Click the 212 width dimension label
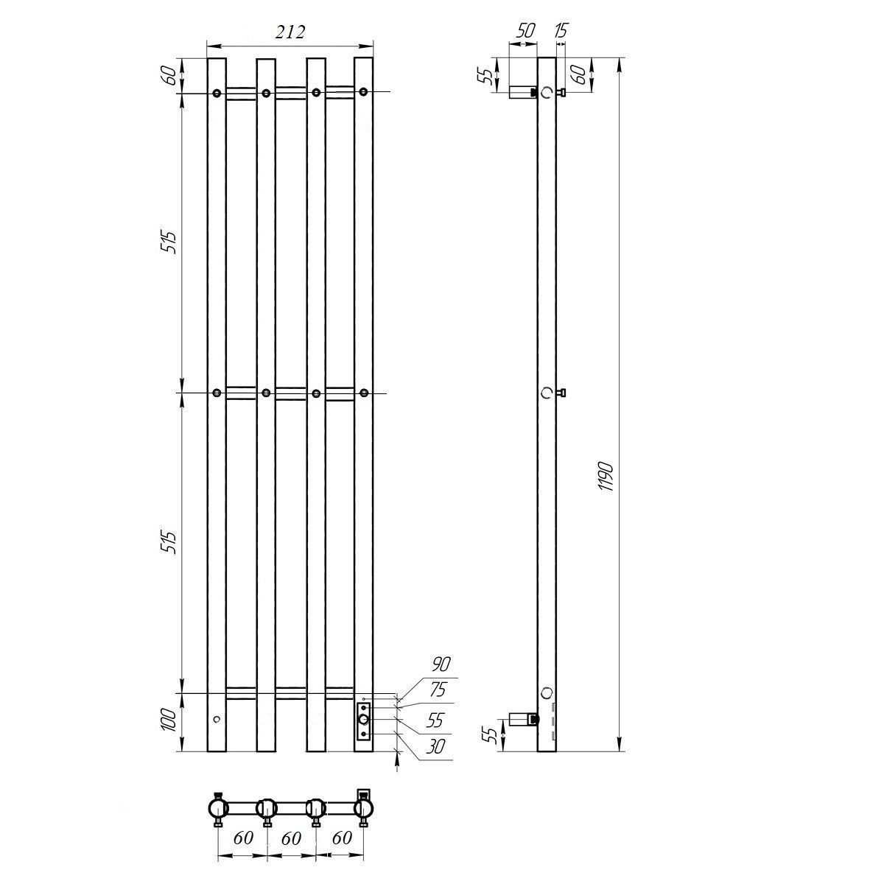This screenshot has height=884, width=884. click(x=290, y=32)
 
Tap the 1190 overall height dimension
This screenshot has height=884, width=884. click(x=606, y=476)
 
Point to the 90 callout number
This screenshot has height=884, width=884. click(x=441, y=664)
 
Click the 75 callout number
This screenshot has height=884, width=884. click(x=438, y=690)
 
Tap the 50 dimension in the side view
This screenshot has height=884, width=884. click(x=526, y=30)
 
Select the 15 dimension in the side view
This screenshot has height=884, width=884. click(x=561, y=30)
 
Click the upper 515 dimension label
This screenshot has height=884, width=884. click(x=169, y=242)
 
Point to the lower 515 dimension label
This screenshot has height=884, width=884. click(x=169, y=542)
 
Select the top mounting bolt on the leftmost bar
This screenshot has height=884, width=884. click(x=217, y=94)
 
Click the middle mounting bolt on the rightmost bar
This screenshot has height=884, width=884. click(x=364, y=393)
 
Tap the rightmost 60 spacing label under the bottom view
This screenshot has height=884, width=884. click(x=342, y=838)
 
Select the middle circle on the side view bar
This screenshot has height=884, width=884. click(x=546, y=393)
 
